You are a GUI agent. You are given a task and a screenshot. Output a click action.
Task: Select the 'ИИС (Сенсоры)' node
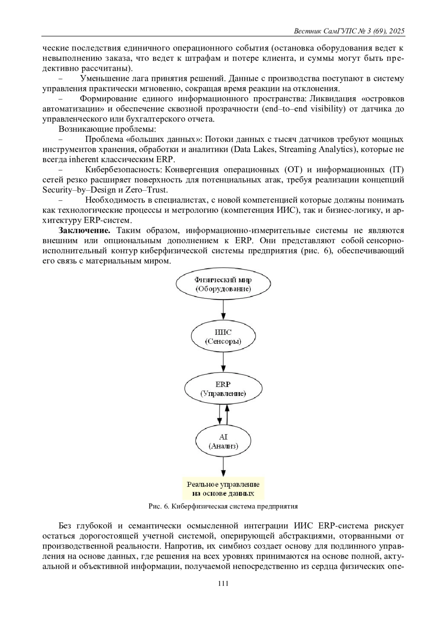click(223, 337)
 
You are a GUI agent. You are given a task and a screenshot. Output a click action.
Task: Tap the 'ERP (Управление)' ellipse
click(223, 389)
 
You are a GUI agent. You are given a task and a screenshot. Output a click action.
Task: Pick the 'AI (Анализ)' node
click(223, 441)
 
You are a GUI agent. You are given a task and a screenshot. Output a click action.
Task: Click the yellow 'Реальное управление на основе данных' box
click(223, 489)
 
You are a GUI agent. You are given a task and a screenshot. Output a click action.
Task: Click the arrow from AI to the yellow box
click(223, 466)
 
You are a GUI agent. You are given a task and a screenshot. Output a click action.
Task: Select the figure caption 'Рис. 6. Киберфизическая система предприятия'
click(223, 506)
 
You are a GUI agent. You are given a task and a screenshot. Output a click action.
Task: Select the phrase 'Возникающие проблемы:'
click(107, 129)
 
